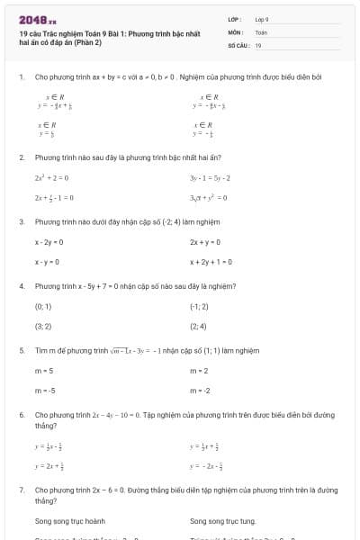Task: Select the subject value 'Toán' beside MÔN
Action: point(261,31)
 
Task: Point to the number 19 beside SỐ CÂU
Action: point(258,44)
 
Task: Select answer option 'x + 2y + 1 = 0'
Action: point(211,262)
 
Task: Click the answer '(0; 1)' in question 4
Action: point(43,307)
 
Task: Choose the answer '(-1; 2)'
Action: point(199,307)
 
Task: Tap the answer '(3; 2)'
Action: point(43,327)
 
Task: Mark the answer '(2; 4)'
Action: point(198,327)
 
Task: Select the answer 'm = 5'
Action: point(44,371)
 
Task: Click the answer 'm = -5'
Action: point(45,391)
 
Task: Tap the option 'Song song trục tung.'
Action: point(223,521)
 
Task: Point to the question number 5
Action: point(21,350)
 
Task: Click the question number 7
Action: point(21,490)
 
